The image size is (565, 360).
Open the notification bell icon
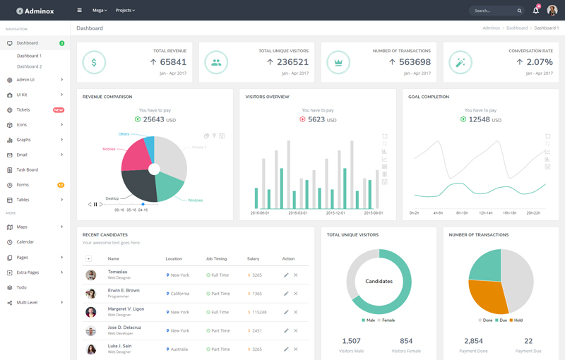click(535, 11)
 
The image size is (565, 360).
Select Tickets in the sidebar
click(23, 110)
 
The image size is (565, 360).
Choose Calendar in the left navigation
click(25, 242)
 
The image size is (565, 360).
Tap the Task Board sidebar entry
click(28, 170)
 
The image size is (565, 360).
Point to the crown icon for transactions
click(338, 62)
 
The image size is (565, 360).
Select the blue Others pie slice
click(148, 146)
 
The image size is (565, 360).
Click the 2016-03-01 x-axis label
click(298, 212)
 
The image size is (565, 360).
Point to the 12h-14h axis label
click(485, 212)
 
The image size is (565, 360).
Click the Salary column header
click(253, 259)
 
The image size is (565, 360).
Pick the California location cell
click(179, 294)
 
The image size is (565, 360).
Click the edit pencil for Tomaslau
click(286, 275)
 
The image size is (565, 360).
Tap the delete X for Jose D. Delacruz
click(296, 330)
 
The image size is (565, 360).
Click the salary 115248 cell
click(258, 312)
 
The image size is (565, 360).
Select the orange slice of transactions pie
click(488, 296)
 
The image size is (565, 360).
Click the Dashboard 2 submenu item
click(30, 66)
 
